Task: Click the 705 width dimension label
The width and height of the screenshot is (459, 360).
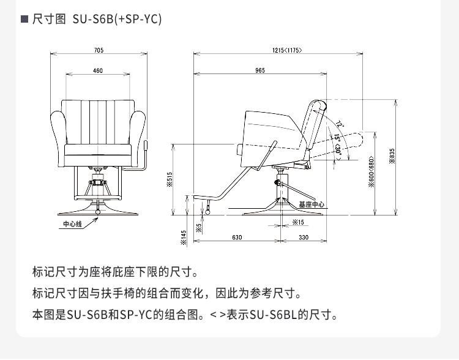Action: tap(99, 50)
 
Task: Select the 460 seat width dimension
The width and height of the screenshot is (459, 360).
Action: tap(98, 71)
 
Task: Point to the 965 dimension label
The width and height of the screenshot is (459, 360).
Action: tap(260, 71)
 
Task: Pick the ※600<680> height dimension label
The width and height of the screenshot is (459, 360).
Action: tap(371, 173)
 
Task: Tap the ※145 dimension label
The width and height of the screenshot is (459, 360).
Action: tap(184, 237)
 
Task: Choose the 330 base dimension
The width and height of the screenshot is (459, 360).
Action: tap(303, 237)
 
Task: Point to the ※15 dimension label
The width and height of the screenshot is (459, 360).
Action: tap(298, 222)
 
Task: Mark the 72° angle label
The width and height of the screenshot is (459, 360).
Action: tap(340, 124)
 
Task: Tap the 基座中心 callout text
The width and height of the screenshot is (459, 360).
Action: tap(312, 204)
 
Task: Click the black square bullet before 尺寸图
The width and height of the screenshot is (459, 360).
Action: tap(24, 19)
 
